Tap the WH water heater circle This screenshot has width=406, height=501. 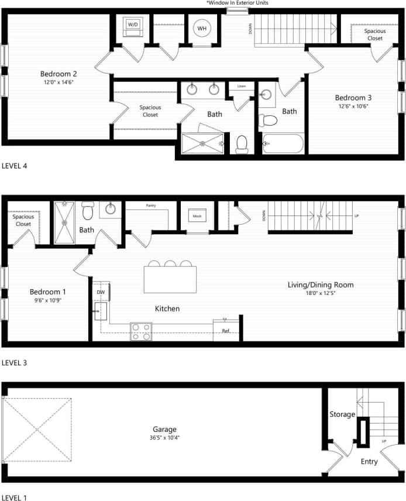point(202,28)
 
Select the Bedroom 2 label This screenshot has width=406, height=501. point(59,74)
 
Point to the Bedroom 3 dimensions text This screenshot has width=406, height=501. point(353,107)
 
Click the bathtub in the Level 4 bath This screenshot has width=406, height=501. point(283,143)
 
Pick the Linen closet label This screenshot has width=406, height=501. point(242,87)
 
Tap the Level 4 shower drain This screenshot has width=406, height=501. point(202,143)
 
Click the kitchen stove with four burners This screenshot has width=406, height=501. point(140,332)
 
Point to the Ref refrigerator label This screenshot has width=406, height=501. point(226,331)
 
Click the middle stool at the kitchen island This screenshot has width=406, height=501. point(170,264)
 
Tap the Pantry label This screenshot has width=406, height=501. point(150,206)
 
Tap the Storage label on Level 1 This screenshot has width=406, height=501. point(342,414)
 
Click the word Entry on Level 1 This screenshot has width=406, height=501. point(369,462)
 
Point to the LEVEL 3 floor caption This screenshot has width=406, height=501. point(15,363)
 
